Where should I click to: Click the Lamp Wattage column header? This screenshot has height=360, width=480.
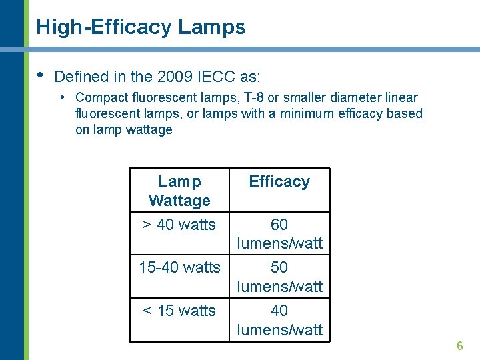(179, 191)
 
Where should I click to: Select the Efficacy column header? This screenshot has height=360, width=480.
(279, 181)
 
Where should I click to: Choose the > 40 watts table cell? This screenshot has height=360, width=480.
(179, 225)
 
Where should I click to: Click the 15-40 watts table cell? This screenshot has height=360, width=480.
(179, 267)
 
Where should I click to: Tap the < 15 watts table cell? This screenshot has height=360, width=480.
(179, 311)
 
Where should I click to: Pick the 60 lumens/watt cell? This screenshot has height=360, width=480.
(279, 234)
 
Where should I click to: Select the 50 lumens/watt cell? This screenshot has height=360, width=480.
(279, 277)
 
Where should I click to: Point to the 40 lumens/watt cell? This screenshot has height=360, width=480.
(279, 320)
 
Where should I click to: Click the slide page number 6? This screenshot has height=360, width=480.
(459, 346)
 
